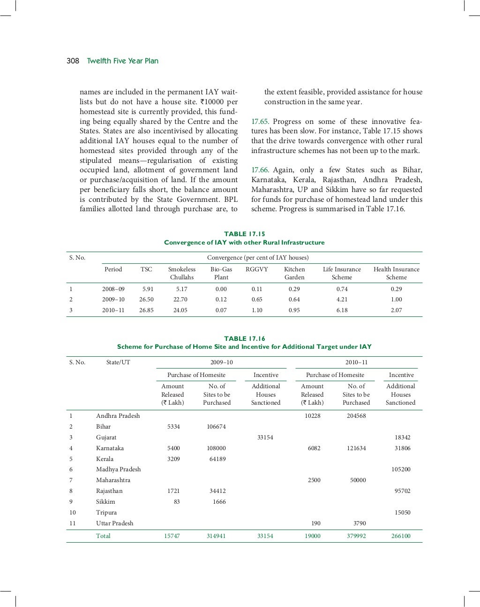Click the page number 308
click(x=73, y=61)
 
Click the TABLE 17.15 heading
click(x=244, y=234)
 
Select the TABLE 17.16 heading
click(x=244, y=338)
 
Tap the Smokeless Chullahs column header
click(x=181, y=273)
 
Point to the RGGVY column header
click(x=256, y=269)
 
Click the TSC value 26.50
click(x=146, y=300)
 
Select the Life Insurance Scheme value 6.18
click(x=342, y=310)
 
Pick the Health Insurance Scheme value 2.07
click(x=396, y=310)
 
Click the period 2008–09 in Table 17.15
click(x=113, y=289)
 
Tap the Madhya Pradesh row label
click(x=118, y=469)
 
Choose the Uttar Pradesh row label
click(x=114, y=523)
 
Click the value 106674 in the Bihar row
click(x=216, y=427)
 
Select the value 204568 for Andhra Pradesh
click(x=356, y=416)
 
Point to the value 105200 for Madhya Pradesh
click(x=401, y=469)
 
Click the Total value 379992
click(x=356, y=536)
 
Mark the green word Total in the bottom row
click(x=103, y=536)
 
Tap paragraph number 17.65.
click(x=260, y=122)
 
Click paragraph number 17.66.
click(x=260, y=170)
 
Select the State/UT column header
click(x=118, y=362)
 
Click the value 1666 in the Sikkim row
click(x=219, y=502)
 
